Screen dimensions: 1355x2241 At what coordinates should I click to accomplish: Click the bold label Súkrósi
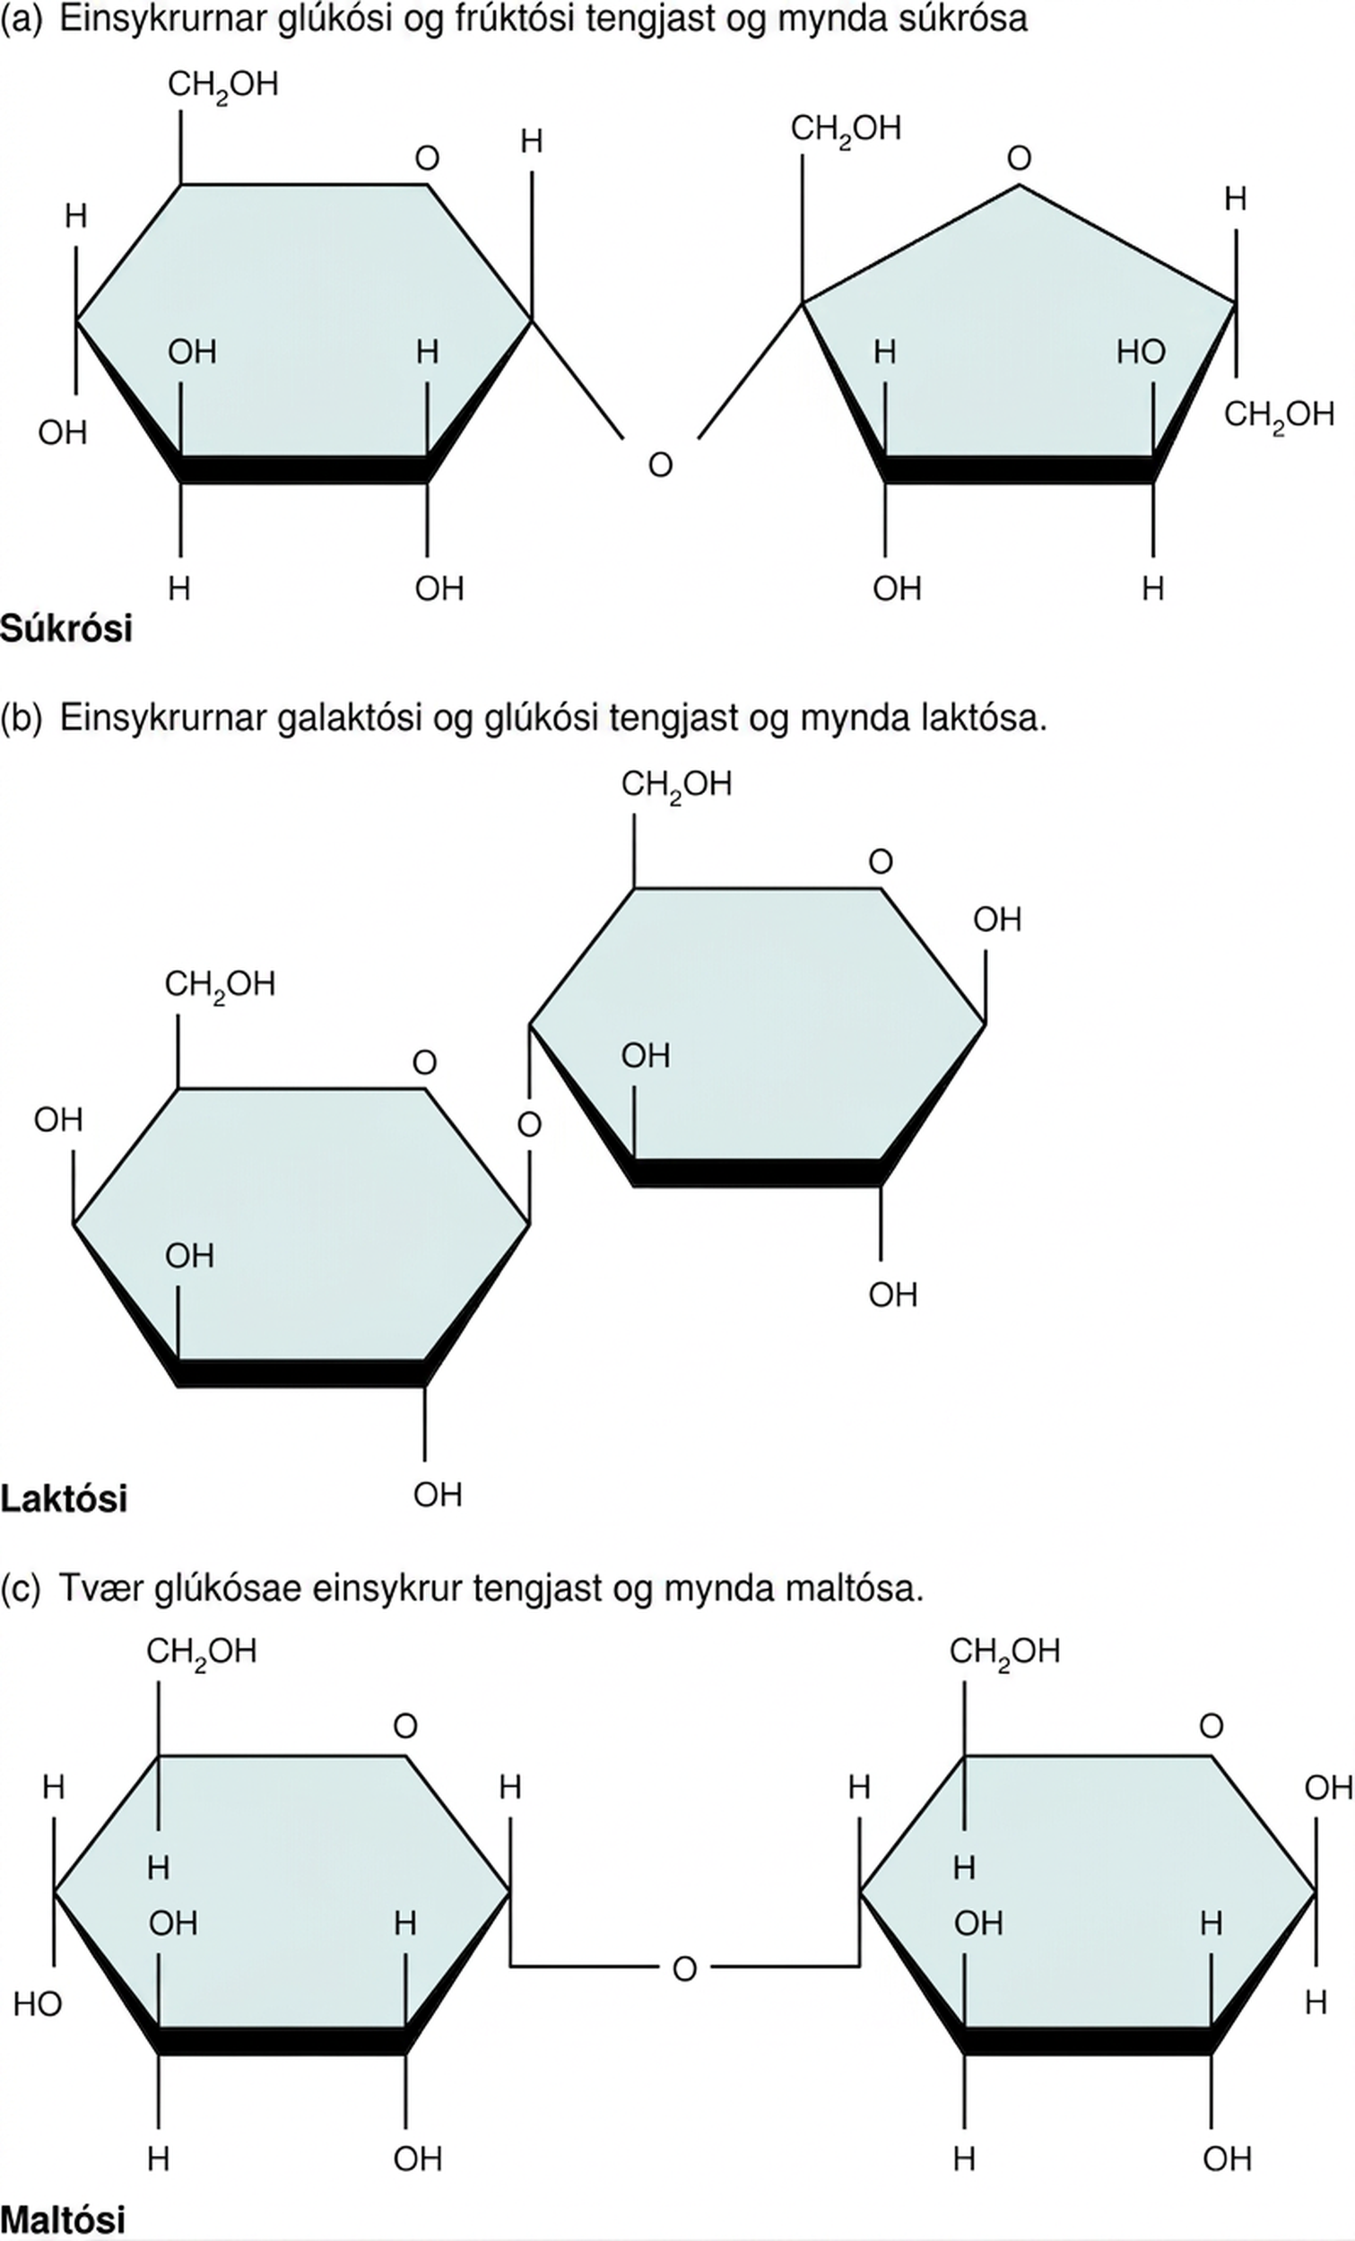(x=66, y=629)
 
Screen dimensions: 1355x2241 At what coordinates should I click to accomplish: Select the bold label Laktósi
(x=64, y=1498)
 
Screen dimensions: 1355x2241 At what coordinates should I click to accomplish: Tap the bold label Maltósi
(x=63, y=2219)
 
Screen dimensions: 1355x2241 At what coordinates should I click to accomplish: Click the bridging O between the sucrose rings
(x=660, y=465)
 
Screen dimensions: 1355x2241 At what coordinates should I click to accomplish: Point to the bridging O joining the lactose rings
(x=529, y=1124)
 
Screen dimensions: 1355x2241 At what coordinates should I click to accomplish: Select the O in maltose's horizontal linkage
(x=685, y=1968)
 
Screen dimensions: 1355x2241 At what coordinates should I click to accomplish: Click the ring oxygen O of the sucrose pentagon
(x=1019, y=158)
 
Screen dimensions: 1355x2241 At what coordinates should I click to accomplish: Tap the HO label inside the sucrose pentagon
(x=1142, y=352)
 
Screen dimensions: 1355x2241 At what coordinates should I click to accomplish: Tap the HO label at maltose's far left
(x=38, y=2003)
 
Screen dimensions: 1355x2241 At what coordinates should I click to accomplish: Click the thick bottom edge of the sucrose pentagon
(x=1019, y=468)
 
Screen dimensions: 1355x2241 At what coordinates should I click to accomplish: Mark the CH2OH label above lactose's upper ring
(x=676, y=784)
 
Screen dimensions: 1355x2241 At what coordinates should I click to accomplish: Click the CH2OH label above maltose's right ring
(x=1005, y=1651)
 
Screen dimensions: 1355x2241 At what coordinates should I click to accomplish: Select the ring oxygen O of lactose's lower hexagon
(x=425, y=1061)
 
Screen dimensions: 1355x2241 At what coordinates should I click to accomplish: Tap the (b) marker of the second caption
(x=22, y=718)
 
